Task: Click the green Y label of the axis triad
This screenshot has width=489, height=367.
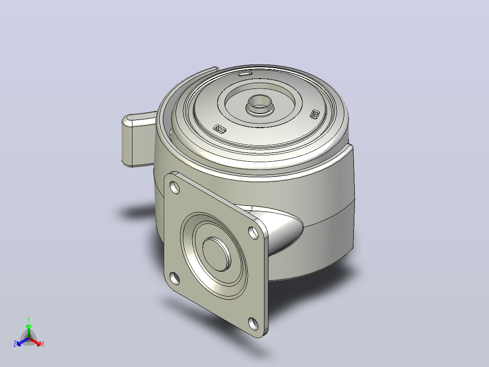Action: click(29, 319)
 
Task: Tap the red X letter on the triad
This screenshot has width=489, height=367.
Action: click(43, 344)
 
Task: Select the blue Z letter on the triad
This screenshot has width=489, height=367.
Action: click(15, 344)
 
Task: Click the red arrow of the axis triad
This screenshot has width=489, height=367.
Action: click(35, 342)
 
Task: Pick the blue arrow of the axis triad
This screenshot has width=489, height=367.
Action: click(23, 342)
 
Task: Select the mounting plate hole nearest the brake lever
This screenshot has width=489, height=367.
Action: click(175, 188)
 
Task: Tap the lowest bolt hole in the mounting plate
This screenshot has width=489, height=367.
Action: click(254, 323)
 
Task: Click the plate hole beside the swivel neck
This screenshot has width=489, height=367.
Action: click(253, 233)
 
